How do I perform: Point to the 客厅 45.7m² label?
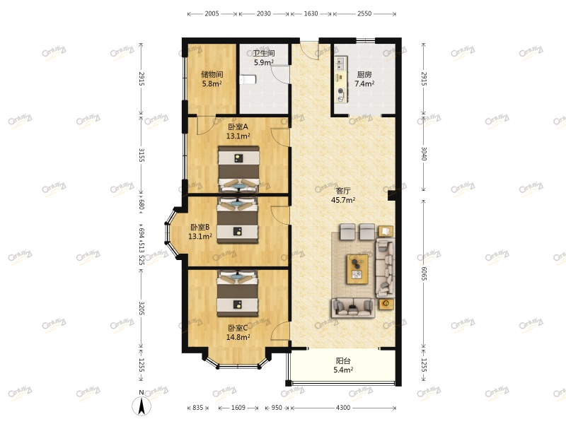pyautogui.click(x=343, y=195)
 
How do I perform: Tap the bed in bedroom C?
pyautogui.click(x=239, y=293)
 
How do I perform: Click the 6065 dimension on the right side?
pyautogui.click(x=423, y=269)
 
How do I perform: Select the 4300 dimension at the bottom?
pyautogui.click(x=342, y=408)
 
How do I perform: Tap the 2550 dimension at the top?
pyautogui.click(x=364, y=13)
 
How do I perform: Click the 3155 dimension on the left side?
pyautogui.click(x=141, y=155)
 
